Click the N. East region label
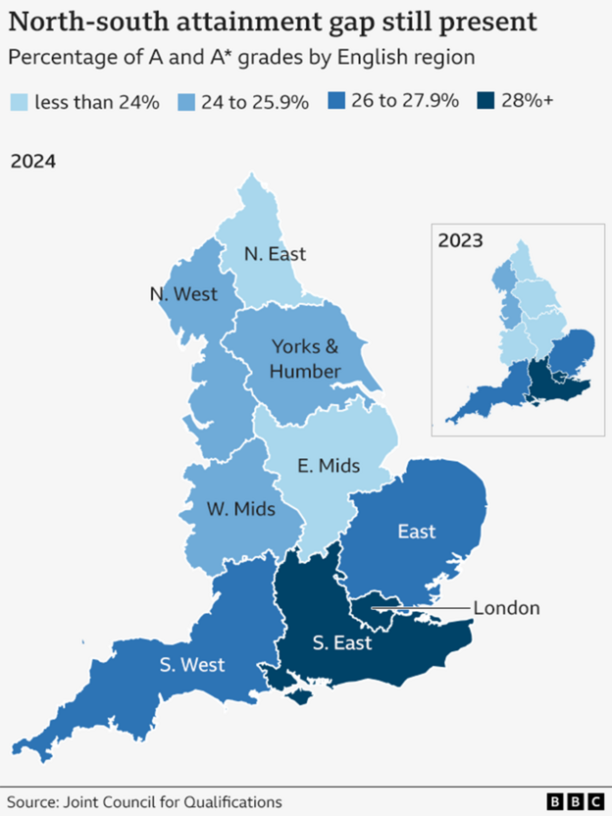coord(275,254)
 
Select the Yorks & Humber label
coord(306,358)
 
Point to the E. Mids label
coord(329,464)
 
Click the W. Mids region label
coord(241,509)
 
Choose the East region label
coord(417,531)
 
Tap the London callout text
coord(506,608)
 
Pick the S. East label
coord(341,643)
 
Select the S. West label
coord(193,665)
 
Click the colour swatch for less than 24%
coord(19,101)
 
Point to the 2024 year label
coord(32,161)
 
